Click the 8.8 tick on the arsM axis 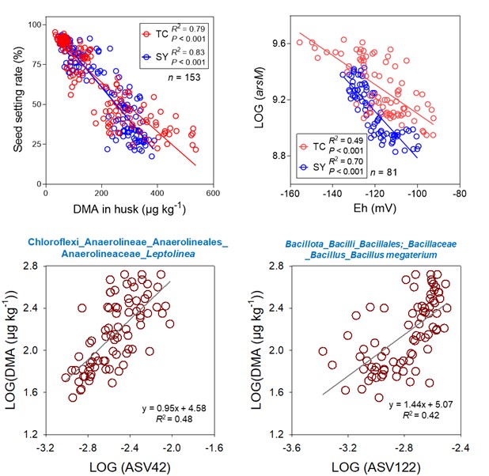(x=275, y=156)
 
